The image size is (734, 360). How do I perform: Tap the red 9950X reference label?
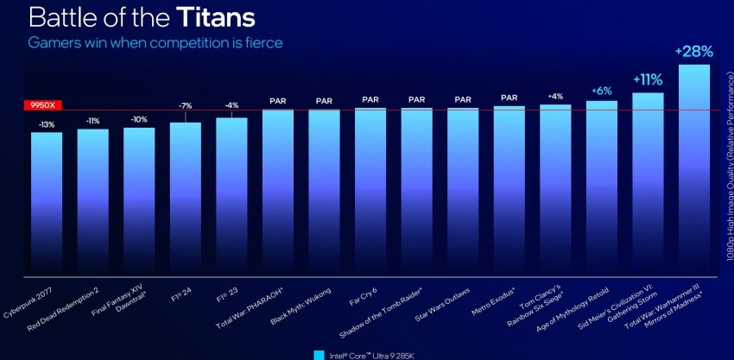point(38,105)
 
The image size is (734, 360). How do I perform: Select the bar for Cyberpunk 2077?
point(47,199)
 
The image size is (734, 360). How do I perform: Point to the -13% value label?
point(47,124)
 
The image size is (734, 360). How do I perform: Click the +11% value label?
point(648,79)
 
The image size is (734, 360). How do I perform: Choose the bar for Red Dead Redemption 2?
point(93,199)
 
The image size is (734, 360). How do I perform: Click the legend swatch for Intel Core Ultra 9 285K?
point(319,354)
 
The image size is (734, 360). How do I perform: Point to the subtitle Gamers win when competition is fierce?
point(155,41)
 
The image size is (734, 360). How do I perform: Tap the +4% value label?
point(555,96)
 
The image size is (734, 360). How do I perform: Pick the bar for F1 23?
point(231,194)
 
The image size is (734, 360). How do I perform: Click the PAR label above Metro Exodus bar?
point(509,97)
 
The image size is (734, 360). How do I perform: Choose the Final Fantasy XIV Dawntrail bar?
point(139,199)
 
